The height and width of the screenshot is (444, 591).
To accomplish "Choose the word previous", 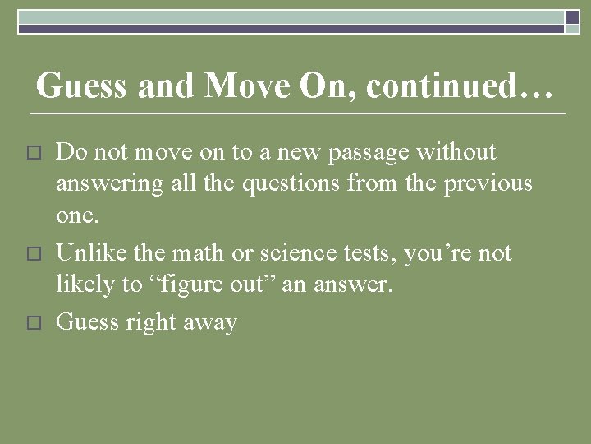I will (488, 184).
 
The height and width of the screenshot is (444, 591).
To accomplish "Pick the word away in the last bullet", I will (211, 321).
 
